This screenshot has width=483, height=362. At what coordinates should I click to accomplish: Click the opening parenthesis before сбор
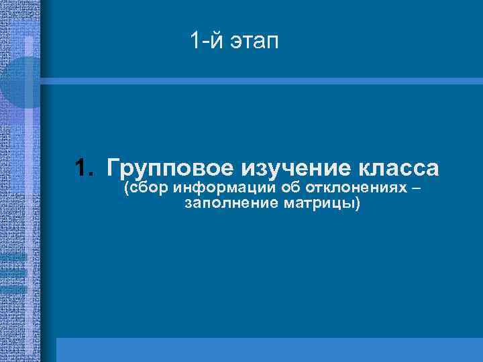(x=127, y=188)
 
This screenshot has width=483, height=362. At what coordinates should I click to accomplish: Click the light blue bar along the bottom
(x=268, y=349)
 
